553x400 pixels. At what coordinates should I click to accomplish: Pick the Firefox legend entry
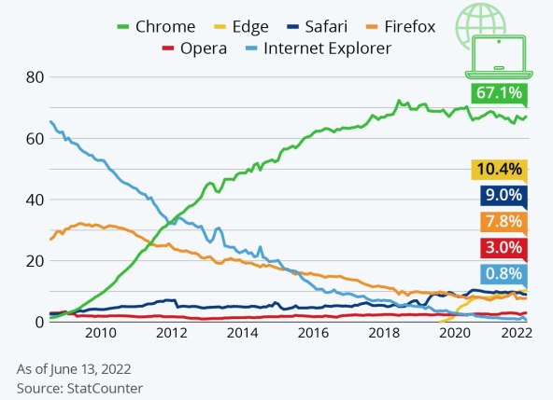pyautogui.click(x=401, y=26)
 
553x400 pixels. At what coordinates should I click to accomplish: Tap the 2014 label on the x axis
pyautogui.click(x=242, y=333)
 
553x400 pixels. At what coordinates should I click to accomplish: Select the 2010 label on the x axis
pyautogui.click(x=100, y=333)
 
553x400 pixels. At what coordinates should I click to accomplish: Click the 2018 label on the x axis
pyautogui.click(x=383, y=333)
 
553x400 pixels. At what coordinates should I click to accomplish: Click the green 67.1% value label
pyautogui.click(x=500, y=94)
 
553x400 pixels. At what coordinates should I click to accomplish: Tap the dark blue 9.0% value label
pyautogui.click(x=500, y=197)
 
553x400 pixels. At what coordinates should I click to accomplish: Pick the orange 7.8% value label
pyautogui.click(x=500, y=223)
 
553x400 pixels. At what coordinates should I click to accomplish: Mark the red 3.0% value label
pyautogui.click(x=500, y=248)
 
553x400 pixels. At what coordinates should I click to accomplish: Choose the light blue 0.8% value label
pyautogui.click(x=500, y=274)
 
